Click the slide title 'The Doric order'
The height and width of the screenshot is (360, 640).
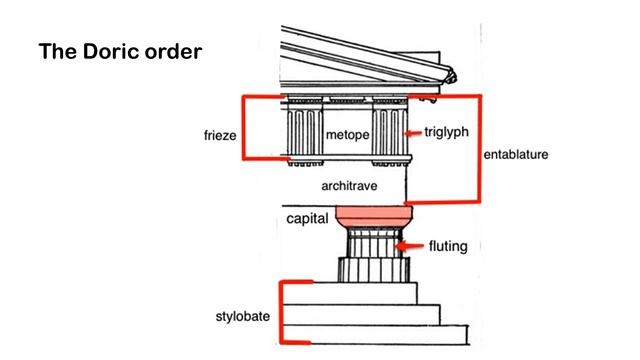click(x=120, y=49)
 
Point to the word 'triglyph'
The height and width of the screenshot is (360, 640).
click(x=445, y=131)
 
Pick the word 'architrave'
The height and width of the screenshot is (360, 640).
click(x=347, y=186)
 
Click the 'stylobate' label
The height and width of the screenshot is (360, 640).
click(x=243, y=316)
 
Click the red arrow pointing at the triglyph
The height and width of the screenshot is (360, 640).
click(x=409, y=132)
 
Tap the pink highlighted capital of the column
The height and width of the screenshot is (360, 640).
click(x=372, y=215)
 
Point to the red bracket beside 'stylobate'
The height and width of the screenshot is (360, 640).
click(x=283, y=312)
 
